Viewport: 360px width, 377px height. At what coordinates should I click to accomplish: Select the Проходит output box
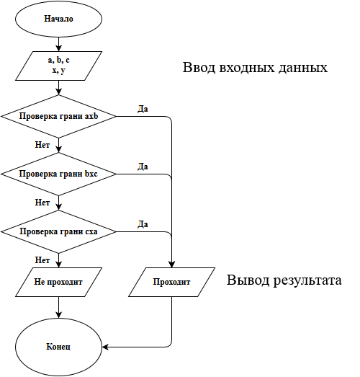(x=172, y=283)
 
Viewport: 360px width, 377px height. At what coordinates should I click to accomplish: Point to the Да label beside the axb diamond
(x=143, y=109)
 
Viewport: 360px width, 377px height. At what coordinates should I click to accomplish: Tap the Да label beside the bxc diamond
(x=143, y=167)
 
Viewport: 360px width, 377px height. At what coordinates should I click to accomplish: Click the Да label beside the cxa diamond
(x=143, y=224)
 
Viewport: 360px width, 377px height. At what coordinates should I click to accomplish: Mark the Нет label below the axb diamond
(x=42, y=144)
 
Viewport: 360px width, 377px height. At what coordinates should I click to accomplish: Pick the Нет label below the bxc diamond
(x=42, y=202)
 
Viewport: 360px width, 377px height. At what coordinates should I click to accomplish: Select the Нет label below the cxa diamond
(x=42, y=260)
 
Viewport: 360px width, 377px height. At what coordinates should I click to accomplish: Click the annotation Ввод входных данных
(x=256, y=68)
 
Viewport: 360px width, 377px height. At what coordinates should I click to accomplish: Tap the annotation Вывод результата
(x=284, y=280)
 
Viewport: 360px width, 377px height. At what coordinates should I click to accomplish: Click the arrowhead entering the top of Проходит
(x=173, y=264)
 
